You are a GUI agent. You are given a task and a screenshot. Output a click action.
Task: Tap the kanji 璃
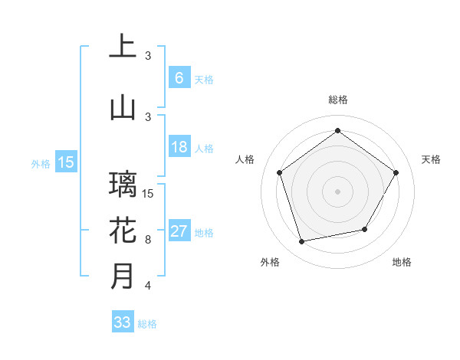[123, 184]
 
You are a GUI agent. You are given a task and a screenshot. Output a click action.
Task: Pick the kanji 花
[123, 231]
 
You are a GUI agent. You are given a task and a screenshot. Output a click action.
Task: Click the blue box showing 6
[179, 78]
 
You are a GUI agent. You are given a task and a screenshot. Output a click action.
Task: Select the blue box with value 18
[179, 148]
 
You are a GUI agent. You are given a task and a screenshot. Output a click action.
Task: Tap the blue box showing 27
[179, 232]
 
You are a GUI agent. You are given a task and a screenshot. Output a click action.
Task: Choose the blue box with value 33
[122, 322]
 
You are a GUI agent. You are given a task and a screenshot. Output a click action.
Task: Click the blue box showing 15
[65, 162]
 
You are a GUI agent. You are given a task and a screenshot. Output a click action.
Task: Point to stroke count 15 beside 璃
[149, 193]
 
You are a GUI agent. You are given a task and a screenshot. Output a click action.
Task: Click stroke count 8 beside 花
[148, 240]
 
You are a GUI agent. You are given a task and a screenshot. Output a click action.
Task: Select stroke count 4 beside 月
[148, 286]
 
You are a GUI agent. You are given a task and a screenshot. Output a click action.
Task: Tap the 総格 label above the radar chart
[337, 100]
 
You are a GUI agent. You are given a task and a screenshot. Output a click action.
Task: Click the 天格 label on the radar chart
[432, 159]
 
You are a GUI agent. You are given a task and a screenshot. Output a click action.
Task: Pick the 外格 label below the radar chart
[270, 262]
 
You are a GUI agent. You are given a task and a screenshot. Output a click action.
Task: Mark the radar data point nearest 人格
[280, 172]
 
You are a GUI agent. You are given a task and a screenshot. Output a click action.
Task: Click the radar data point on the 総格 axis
[337, 130]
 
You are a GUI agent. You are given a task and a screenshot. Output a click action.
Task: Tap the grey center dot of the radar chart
[337, 191]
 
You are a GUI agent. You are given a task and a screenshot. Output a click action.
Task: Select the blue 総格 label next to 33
[147, 324]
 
